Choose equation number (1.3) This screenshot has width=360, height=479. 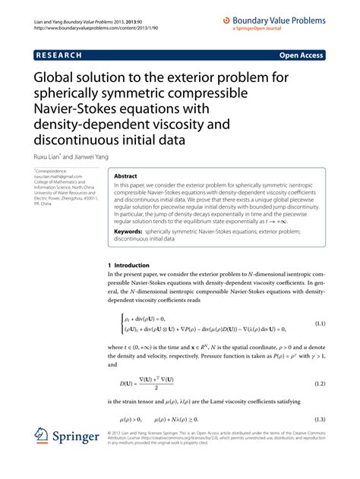[x=320, y=419]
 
